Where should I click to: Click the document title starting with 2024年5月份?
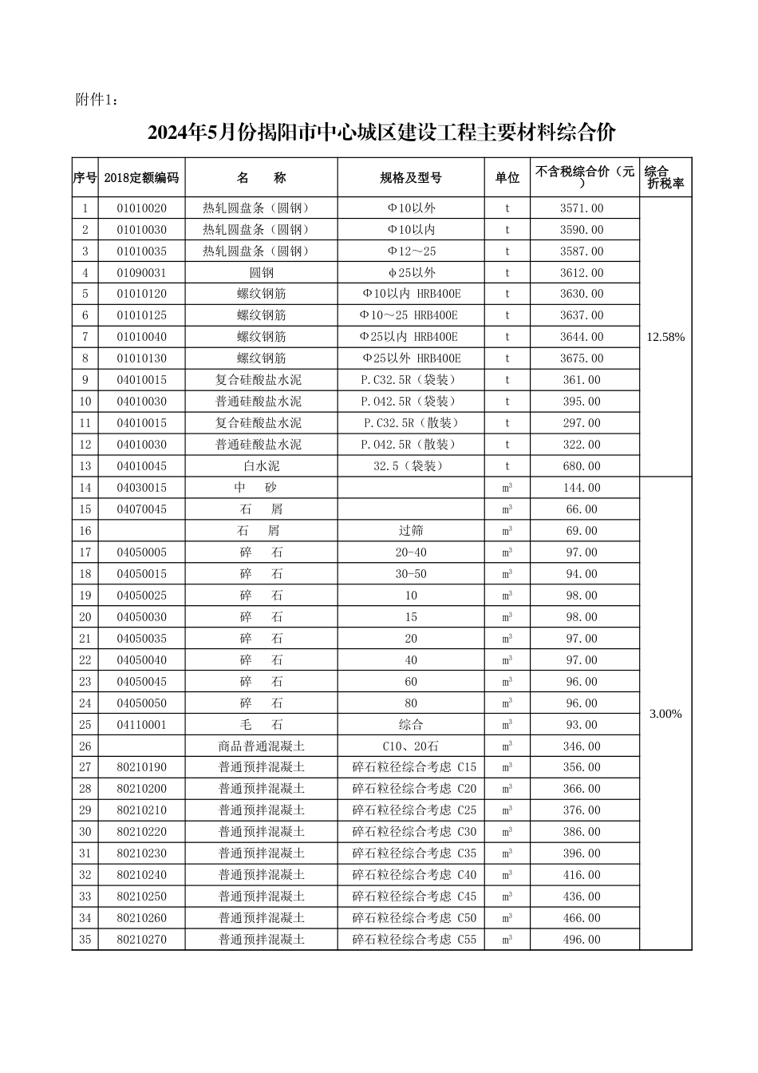tap(381, 133)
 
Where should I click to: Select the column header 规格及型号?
tap(410, 178)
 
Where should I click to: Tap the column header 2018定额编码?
tap(141, 178)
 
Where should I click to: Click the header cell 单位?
tap(507, 178)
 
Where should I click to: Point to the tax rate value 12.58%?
tap(665, 337)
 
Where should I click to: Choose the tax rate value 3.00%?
tap(665, 714)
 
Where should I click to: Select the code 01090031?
tap(141, 273)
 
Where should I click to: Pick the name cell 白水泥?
tap(261, 466)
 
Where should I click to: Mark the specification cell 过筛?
tap(411, 531)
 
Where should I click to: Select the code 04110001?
tap(141, 725)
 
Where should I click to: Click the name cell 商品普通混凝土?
tap(261, 746)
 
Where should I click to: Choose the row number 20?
tap(85, 617)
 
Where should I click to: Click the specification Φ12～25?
tap(411, 251)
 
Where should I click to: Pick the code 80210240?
tap(141, 875)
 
